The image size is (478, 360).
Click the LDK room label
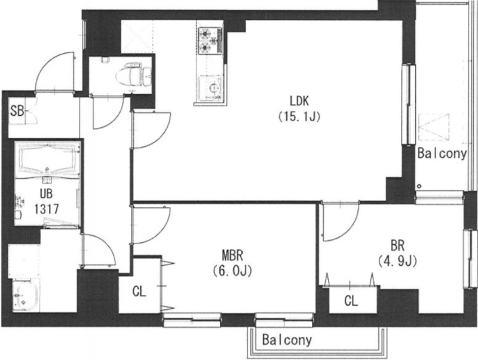(x=299, y=101)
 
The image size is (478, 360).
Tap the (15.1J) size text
(x=299, y=116)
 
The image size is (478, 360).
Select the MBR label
(x=232, y=256)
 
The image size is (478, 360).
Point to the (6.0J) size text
(x=232, y=271)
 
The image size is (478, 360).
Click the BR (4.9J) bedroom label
(x=397, y=253)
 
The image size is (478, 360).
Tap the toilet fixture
(x=134, y=75)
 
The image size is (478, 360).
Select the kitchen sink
(x=210, y=87)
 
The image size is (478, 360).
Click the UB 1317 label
(x=46, y=201)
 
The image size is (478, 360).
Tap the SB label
(x=17, y=111)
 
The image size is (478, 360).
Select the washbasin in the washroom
(x=25, y=296)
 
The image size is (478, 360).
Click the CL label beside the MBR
(x=139, y=291)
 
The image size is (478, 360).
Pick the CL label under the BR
(x=351, y=301)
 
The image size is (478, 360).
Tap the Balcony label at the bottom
(x=287, y=340)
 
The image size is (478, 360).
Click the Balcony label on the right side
(x=442, y=153)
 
